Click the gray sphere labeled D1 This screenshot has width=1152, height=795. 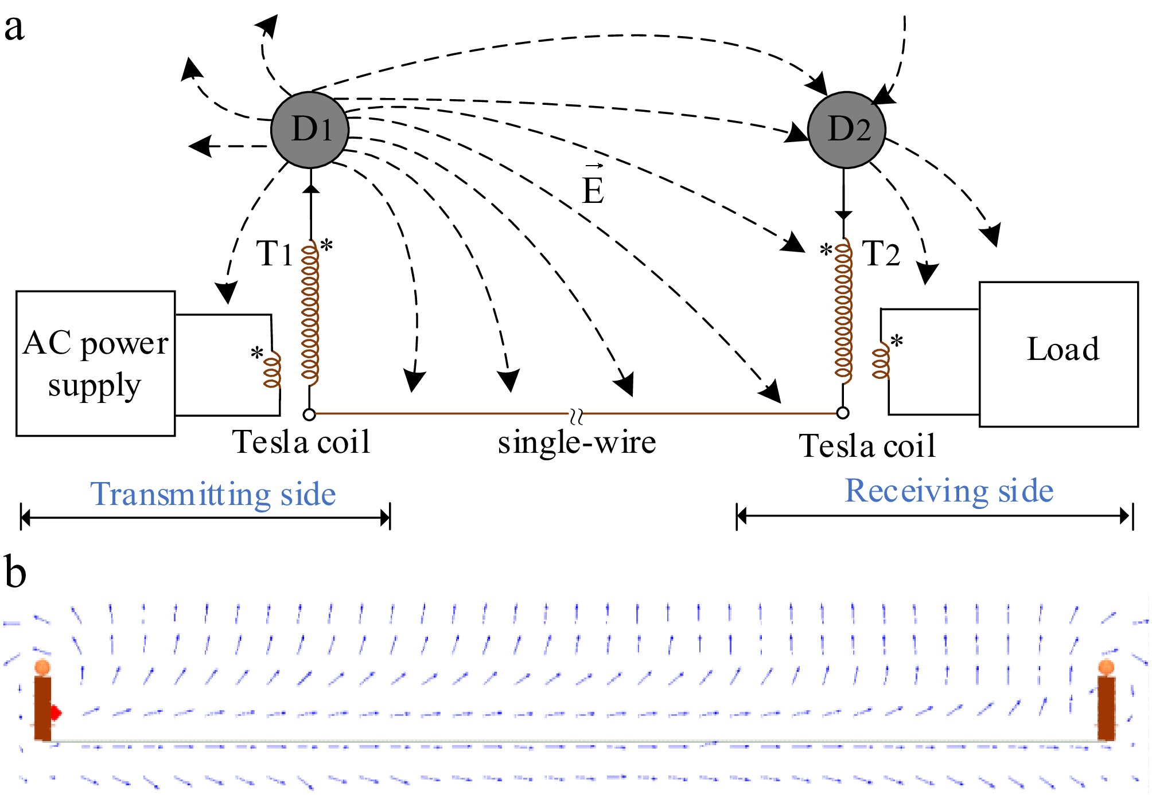click(x=310, y=130)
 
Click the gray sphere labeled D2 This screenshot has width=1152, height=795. click(x=847, y=130)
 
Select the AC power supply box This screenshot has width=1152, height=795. click(x=96, y=363)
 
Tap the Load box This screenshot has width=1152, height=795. click(x=1058, y=354)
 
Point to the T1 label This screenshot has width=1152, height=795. click(x=274, y=253)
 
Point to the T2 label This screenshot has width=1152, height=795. click(x=881, y=253)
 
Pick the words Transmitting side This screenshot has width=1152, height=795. click(x=213, y=494)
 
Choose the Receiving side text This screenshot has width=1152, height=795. click(x=949, y=491)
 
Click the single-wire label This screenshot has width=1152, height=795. click(x=577, y=442)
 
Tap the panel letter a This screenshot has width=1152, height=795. click(x=14, y=28)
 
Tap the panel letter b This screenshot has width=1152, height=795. click(x=15, y=572)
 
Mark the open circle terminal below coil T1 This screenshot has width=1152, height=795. click(x=309, y=414)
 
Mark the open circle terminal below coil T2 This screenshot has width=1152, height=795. click(x=843, y=413)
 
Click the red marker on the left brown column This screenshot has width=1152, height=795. click(x=56, y=713)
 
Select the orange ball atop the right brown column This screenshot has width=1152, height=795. click(x=1106, y=667)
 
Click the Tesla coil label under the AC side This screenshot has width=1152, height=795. click(x=301, y=442)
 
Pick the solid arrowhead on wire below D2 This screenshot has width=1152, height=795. click(x=843, y=216)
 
